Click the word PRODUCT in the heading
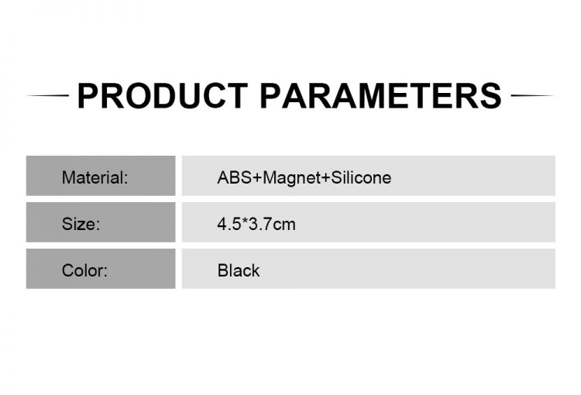[x=163, y=96]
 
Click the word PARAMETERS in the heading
[x=380, y=96]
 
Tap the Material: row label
[x=95, y=177]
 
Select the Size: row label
[x=81, y=224]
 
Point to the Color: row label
[x=84, y=270]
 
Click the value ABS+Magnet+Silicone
[x=304, y=178]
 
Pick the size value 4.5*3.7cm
[x=256, y=224]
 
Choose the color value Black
[x=239, y=270]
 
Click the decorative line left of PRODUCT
[x=48, y=95]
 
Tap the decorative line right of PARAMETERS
[x=532, y=95]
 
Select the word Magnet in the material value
[x=291, y=179]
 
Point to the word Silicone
[x=361, y=177]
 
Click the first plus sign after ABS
[x=256, y=178]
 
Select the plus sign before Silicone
[x=325, y=178]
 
